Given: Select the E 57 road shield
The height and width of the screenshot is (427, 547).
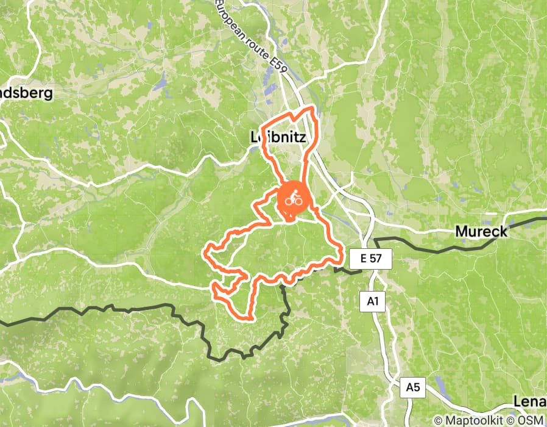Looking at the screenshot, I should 371,259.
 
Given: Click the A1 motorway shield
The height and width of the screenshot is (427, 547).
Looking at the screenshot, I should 373,301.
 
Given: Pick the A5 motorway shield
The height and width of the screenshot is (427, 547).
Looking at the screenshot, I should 413,387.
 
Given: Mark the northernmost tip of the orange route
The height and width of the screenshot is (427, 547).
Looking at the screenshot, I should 313,108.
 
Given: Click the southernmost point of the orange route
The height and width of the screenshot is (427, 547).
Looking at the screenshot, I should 249,318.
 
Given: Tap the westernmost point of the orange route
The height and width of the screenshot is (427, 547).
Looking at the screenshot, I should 205,250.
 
